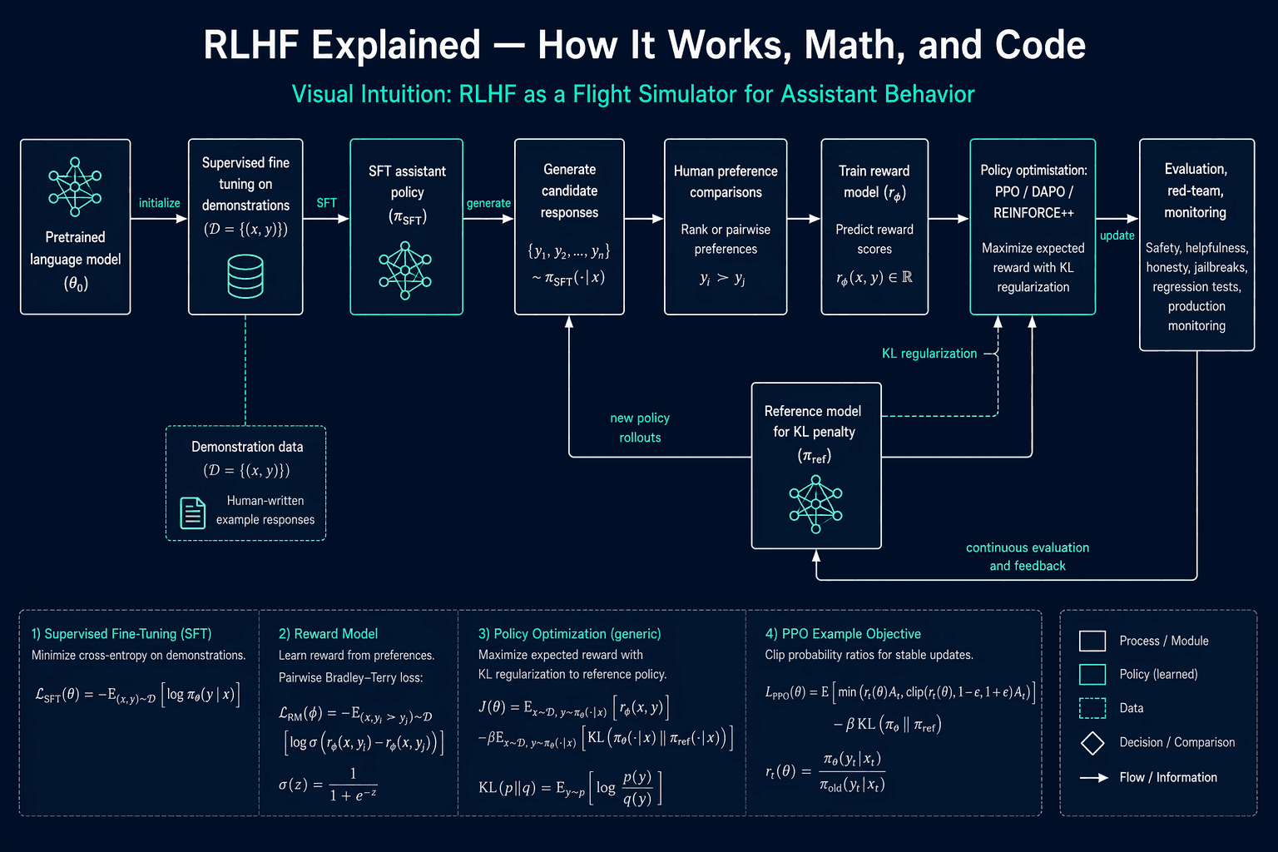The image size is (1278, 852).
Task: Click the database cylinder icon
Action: (245, 276)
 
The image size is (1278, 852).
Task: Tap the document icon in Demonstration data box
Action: (193, 513)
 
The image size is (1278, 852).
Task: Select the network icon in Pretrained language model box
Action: (75, 187)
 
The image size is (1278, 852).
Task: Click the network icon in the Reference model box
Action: (816, 504)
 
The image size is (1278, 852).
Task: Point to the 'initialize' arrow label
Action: (159, 203)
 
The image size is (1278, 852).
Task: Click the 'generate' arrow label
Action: (488, 203)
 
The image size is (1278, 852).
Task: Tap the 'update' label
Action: (1117, 235)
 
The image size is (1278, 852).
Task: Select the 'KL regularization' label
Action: (929, 354)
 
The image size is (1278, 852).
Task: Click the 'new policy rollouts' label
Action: (640, 428)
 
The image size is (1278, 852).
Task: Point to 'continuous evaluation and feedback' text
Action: (1028, 557)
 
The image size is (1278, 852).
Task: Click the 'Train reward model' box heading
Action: (874, 181)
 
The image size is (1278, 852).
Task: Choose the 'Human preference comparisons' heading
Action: (726, 181)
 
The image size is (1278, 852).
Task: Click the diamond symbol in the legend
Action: (1092, 743)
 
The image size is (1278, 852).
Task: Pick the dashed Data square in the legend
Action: (1092, 707)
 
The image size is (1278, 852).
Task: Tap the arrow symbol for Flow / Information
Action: (1094, 778)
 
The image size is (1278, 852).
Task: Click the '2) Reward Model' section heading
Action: (328, 634)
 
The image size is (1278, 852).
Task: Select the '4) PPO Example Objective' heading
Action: (843, 634)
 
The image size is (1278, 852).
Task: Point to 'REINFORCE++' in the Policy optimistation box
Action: (1033, 213)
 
